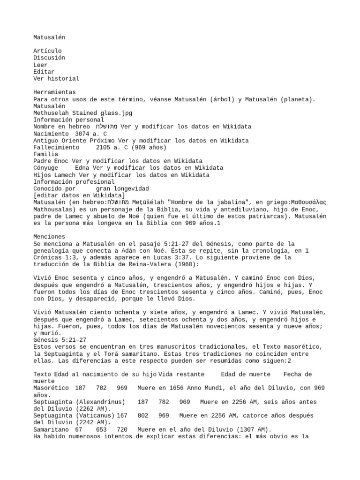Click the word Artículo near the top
point(47,51)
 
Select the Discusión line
point(49,58)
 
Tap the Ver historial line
point(56,79)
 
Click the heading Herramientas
point(54,92)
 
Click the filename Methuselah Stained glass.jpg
point(82,113)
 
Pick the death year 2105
point(104,147)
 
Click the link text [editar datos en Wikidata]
point(79,195)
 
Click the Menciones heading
point(49,237)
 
